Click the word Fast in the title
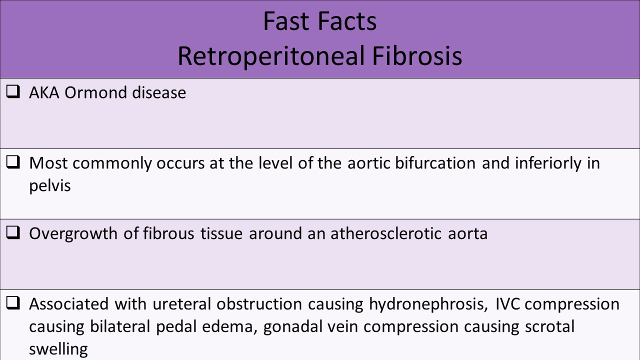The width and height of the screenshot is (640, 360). click(x=284, y=21)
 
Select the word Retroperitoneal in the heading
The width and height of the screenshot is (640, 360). click(x=270, y=56)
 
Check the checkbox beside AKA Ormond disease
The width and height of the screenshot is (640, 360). click(x=13, y=92)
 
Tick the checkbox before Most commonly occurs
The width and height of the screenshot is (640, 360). click(x=13, y=163)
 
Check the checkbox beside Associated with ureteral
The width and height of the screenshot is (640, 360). click(x=13, y=303)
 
